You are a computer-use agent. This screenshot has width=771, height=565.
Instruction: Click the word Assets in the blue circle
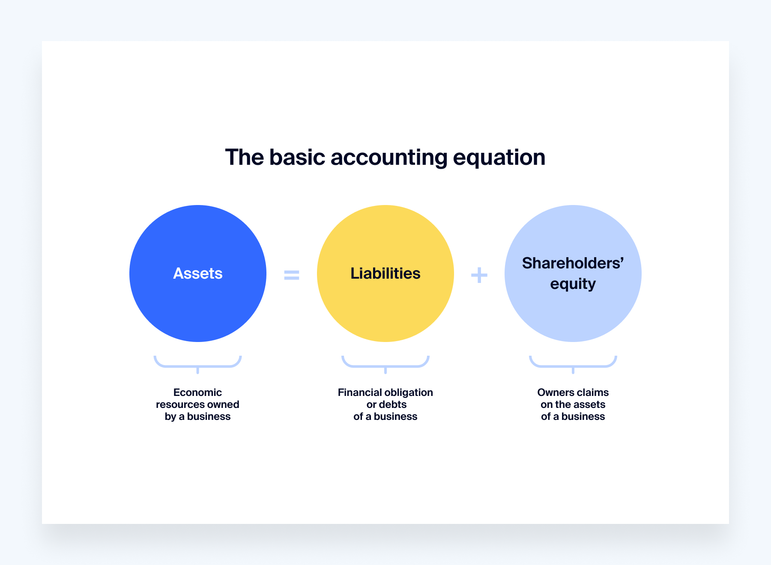click(x=197, y=274)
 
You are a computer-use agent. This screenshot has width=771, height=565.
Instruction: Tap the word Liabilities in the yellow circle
click(x=385, y=274)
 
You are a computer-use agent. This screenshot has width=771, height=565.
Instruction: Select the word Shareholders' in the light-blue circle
click(x=573, y=263)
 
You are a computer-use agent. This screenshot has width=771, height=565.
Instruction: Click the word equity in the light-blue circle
click(x=573, y=284)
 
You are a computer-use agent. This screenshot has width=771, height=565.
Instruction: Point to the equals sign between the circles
click(x=292, y=275)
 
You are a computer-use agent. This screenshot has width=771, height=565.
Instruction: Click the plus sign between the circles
click(x=479, y=275)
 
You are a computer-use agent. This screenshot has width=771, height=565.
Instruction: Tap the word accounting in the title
click(x=389, y=158)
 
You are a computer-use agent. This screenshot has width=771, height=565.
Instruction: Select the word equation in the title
click(x=499, y=158)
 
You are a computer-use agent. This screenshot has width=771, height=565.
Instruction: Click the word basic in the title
click(x=297, y=158)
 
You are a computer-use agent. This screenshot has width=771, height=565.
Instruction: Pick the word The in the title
click(x=244, y=158)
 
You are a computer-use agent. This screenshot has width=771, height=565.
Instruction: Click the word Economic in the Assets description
click(x=197, y=393)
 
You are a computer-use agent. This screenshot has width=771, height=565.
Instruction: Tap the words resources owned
click(x=197, y=404)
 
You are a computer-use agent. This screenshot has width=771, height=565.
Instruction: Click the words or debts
click(x=386, y=404)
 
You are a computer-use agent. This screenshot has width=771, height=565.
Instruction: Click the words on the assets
click(x=573, y=404)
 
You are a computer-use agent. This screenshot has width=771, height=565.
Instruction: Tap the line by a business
click(x=197, y=416)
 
